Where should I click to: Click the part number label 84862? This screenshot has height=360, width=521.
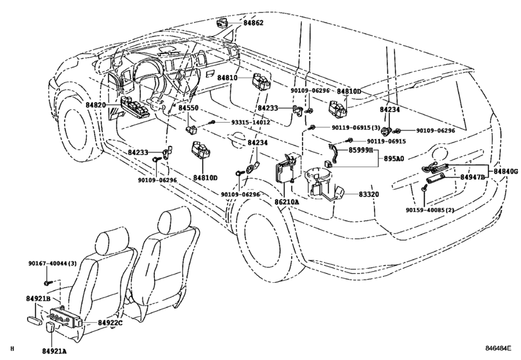[x=253, y=23]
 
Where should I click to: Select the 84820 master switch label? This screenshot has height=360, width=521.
[x=96, y=105]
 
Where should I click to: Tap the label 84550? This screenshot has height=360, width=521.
[x=188, y=108]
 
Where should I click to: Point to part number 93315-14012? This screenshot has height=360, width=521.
[x=251, y=122]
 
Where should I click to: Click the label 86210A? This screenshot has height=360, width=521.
[x=287, y=202]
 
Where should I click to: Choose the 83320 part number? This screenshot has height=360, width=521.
[x=369, y=194]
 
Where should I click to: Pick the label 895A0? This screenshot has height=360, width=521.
[x=394, y=159]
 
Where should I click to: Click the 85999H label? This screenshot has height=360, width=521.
[x=361, y=150]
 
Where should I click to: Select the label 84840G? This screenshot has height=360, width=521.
[x=506, y=172]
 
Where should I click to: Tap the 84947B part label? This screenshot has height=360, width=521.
[x=472, y=177]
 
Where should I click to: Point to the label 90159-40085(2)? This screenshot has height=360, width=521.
[x=430, y=210]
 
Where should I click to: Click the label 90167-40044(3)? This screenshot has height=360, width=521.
[x=52, y=264]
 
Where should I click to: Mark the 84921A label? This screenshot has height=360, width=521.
[x=54, y=351]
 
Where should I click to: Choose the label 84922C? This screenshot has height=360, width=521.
[x=110, y=323]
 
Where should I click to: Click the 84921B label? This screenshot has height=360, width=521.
[x=38, y=299]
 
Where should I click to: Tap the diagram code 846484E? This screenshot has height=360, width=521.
[x=498, y=348]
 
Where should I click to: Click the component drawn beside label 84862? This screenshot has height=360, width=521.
[x=223, y=22]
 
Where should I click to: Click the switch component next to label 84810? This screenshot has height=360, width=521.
[x=261, y=82]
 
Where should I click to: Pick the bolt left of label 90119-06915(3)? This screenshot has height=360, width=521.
[x=312, y=127]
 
